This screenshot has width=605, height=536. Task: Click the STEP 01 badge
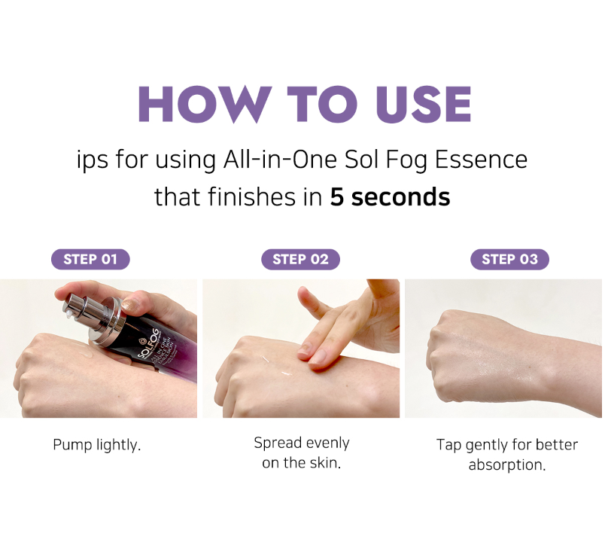click(90, 259)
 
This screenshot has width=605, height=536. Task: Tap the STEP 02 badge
click(300, 259)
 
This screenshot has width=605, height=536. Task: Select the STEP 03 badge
click(509, 259)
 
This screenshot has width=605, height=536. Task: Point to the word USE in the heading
click(423, 104)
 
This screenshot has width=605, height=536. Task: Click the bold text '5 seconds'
click(390, 196)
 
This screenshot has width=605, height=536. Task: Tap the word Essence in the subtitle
click(481, 160)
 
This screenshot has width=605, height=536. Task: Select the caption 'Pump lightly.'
click(97, 445)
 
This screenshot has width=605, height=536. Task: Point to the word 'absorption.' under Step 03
click(507, 465)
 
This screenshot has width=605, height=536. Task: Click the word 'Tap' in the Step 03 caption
click(448, 445)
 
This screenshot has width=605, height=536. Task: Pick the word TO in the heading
click(323, 104)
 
